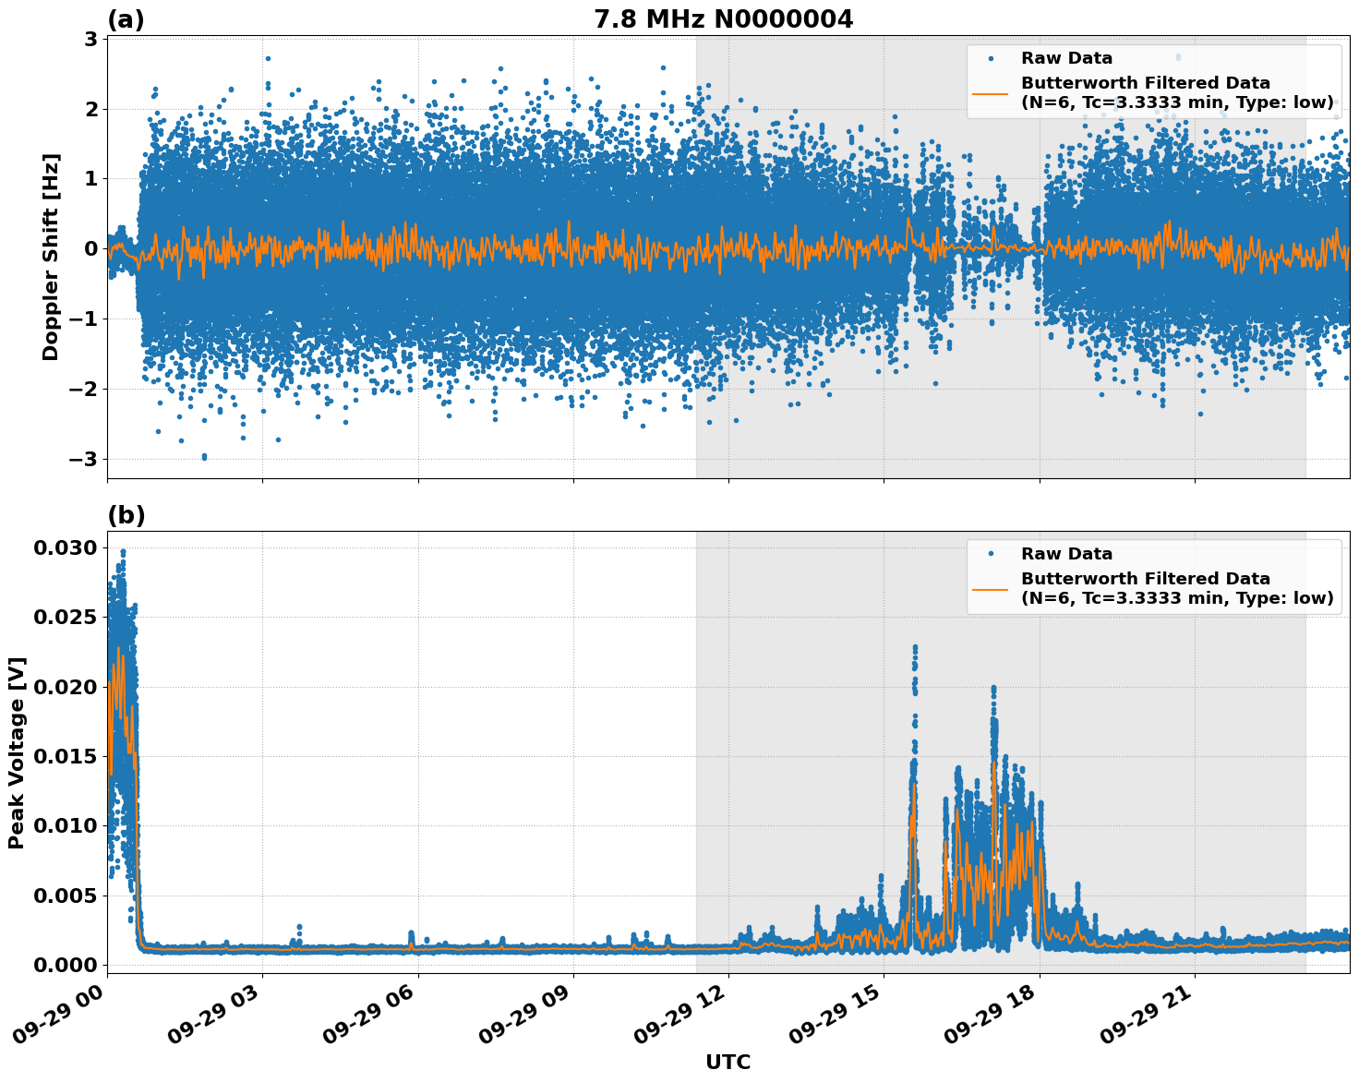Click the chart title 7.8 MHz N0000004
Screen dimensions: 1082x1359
click(x=723, y=19)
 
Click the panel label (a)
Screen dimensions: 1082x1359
click(x=126, y=19)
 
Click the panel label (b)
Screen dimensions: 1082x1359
click(x=126, y=515)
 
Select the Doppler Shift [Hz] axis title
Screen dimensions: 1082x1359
click(x=51, y=257)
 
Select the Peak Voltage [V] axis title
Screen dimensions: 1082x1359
click(x=17, y=752)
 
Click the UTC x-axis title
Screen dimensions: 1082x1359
click(x=728, y=1062)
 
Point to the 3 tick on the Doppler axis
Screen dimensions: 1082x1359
click(x=91, y=39)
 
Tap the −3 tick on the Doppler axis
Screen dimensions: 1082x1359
click(x=85, y=459)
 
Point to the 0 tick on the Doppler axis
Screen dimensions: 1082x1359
click(x=91, y=248)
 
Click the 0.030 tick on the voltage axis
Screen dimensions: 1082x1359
click(x=65, y=548)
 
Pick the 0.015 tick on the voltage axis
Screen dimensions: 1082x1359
click(x=65, y=756)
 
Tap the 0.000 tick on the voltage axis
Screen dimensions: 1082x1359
click(x=65, y=965)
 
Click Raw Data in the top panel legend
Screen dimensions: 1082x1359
click(x=1066, y=58)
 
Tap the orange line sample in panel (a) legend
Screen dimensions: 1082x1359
click(x=990, y=92)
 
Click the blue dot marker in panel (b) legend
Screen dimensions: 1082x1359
click(x=990, y=554)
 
